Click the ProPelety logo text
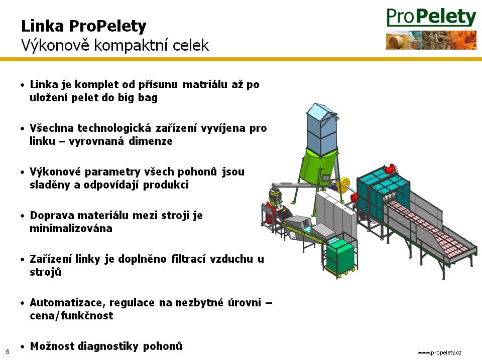pyautogui.click(x=431, y=17)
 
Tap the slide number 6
pyautogui.click(x=8, y=352)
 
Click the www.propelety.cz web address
pyautogui.click(x=439, y=352)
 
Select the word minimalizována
pyautogui.click(x=71, y=229)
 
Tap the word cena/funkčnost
pyautogui.click(x=71, y=315)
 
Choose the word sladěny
pyautogui.click(x=50, y=185)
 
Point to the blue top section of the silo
pyautogui.click(x=321, y=129)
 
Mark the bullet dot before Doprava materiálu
pyautogui.click(x=22, y=216)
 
